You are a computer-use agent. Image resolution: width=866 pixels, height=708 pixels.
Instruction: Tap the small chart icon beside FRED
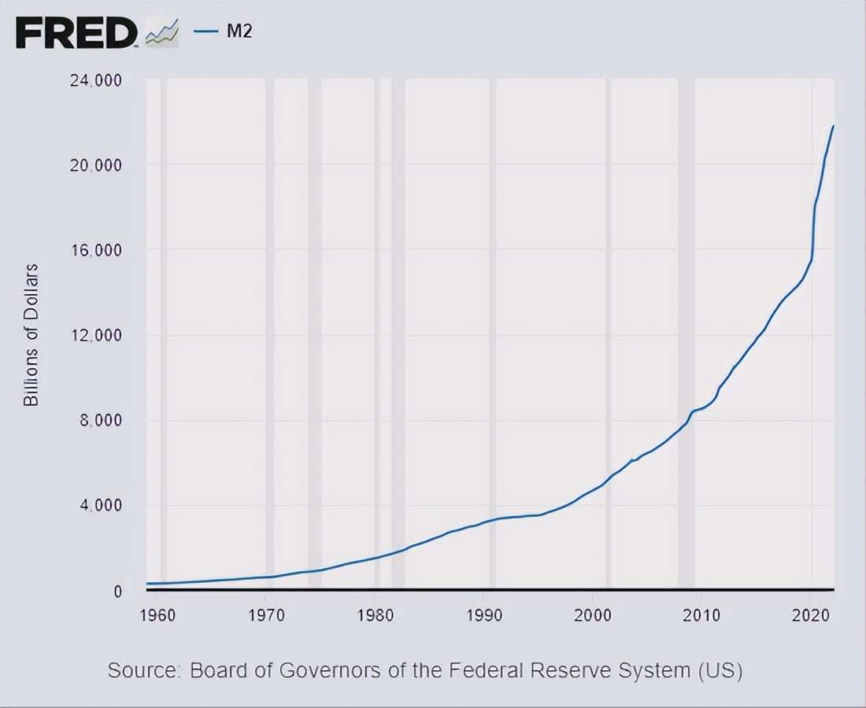162,33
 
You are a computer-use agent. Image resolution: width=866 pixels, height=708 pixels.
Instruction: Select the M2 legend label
239,31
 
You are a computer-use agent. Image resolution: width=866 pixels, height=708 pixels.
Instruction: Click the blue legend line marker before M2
205,31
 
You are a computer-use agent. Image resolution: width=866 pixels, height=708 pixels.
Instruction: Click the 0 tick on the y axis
117,591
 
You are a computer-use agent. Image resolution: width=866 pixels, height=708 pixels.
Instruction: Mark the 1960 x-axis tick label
157,614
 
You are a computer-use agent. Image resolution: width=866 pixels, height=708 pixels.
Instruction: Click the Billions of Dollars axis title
31,335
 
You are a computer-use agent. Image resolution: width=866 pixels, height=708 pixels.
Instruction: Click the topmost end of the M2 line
833,126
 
